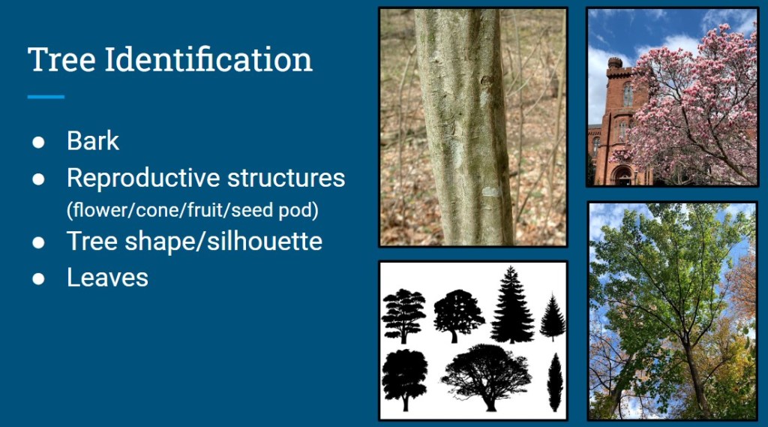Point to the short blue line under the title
click(x=46, y=97)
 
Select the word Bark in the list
click(x=92, y=141)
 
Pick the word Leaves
click(x=107, y=277)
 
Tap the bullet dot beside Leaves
click(x=38, y=278)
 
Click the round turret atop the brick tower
click(x=615, y=63)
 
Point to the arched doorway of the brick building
click(x=622, y=176)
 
